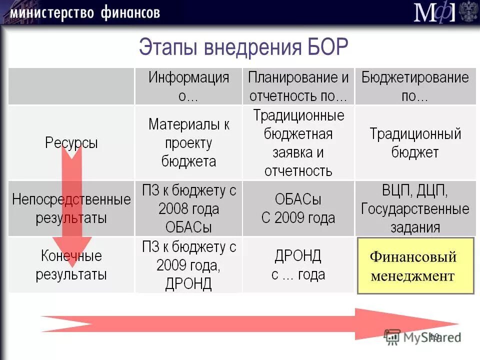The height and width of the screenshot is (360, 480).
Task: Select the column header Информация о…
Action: (188, 86)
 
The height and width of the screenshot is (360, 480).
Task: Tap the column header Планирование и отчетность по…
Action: (298, 86)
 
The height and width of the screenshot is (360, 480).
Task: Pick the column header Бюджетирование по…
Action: (415, 86)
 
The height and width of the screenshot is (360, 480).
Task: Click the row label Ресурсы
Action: (71, 143)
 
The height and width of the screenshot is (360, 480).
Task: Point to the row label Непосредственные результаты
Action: (71, 209)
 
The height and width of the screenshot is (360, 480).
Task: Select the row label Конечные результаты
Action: (71, 265)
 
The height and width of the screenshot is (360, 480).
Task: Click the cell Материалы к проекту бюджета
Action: (188, 143)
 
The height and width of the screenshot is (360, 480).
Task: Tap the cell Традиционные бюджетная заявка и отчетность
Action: (298, 143)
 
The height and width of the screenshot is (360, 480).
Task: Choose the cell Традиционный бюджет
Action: (415, 143)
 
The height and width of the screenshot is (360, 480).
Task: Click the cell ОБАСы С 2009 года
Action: (298, 209)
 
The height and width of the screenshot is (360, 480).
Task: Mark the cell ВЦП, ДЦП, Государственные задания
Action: (415, 209)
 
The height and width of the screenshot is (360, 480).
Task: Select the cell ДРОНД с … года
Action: (298, 265)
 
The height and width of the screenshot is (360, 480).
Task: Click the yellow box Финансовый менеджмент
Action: (415, 265)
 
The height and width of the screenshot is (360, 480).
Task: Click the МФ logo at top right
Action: (434, 12)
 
